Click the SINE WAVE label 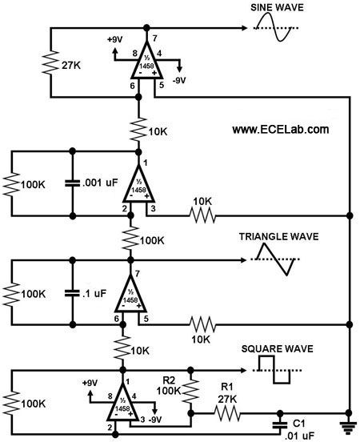point(277,7)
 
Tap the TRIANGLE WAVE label point(279,236)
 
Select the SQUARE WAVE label point(277,349)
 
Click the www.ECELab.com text point(281,130)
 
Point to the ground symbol point(349,427)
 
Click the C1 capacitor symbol point(280,424)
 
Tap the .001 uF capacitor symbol point(72,183)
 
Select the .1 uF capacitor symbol point(72,293)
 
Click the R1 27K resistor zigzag point(227,413)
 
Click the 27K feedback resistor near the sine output point(50,63)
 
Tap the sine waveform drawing point(276,27)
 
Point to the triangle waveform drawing point(275,259)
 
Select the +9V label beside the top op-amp point(115,39)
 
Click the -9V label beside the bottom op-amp point(155,420)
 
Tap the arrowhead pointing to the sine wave point(244,28)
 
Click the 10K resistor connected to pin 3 point(202,215)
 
